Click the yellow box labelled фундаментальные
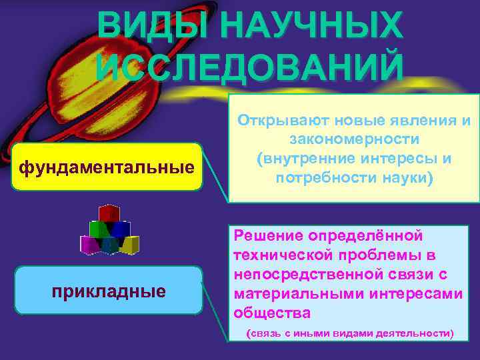point(107,167)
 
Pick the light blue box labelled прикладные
point(109,291)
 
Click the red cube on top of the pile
point(108,213)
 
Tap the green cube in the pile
point(99,230)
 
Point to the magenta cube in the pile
point(89,245)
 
